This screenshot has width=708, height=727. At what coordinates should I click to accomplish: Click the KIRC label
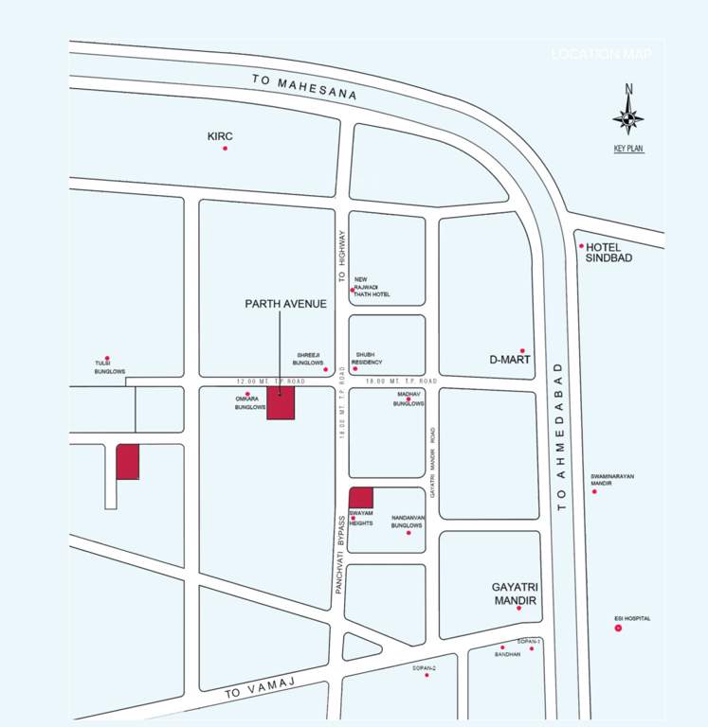[x=220, y=136]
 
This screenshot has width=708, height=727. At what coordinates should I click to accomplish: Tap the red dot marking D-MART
[x=521, y=350]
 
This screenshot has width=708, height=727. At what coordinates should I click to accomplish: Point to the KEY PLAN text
[x=628, y=149]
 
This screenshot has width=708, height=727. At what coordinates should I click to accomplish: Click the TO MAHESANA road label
[x=304, y=88]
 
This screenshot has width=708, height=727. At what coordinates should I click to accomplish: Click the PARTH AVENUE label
[x=285, y=304]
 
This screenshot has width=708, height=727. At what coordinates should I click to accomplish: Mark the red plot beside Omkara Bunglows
[x=281, y=402]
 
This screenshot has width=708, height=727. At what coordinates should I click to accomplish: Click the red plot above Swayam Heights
[x=361, y=498]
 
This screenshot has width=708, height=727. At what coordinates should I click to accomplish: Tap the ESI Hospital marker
[x=618, y=628]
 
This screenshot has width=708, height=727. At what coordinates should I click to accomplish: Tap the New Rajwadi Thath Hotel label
[x=372, y=287]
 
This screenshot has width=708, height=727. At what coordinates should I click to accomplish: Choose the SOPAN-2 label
[x=424, y=668]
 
